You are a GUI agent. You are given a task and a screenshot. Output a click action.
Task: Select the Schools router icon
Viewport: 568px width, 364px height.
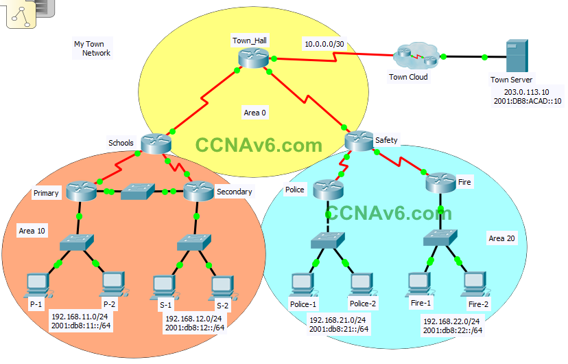(x=155, y=143)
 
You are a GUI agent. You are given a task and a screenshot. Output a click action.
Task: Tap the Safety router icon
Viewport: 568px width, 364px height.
(x=358, y=140)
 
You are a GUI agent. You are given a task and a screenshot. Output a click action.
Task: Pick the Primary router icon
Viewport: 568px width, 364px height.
(x=82, y=191)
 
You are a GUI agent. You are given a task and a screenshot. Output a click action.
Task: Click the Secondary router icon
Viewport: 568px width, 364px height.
(x=198, y=192)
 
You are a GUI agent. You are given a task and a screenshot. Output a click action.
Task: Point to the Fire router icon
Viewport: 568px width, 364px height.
(x=440, y=183)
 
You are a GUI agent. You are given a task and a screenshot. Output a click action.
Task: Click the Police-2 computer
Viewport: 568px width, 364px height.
(x=361, y=284)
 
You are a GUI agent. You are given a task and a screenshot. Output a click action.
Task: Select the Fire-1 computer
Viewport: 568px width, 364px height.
(x=418, y=283)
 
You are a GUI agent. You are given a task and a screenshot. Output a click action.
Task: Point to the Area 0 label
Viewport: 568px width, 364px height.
(x=255, y=112)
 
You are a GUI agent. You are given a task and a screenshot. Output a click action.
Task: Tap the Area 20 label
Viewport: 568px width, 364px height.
(x=502, y=239)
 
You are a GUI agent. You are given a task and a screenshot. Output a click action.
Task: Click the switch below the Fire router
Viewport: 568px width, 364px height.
(x=440, y=238)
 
